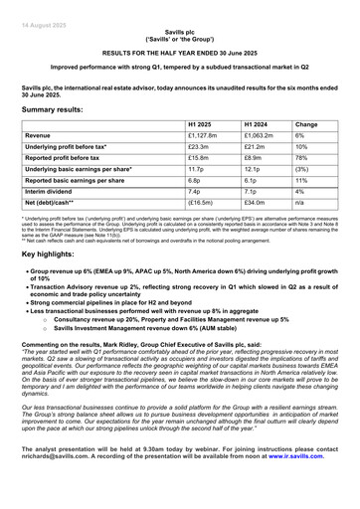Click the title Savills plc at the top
179,32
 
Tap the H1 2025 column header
200,125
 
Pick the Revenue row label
42,138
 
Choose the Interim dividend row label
53,204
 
